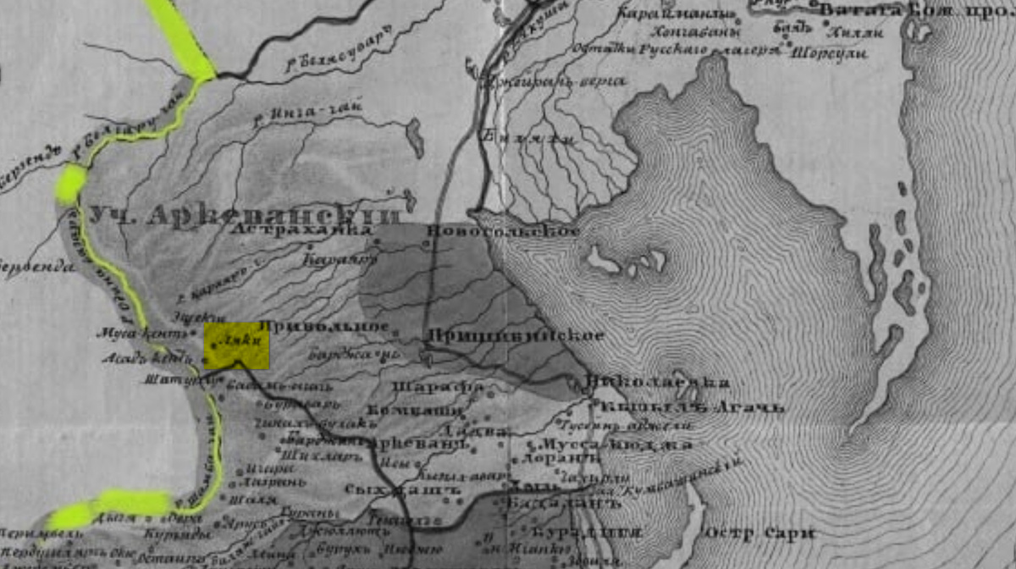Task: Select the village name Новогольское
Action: (x=505, y=231)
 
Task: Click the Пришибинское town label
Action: (x=515, y=335)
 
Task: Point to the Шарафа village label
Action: (x=438, y=388)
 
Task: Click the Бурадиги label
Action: (x=585, y=533)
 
